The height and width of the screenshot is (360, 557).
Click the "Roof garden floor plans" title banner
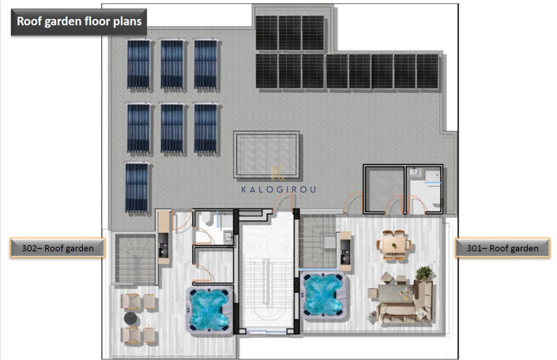(79, 21)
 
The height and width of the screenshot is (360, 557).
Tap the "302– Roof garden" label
(58, 248)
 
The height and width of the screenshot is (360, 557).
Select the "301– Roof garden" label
(502, 248)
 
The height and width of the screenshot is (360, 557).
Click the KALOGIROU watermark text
(278, 189)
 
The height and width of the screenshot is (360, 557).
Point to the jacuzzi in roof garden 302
(209, 309)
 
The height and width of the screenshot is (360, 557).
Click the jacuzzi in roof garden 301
(324, 294)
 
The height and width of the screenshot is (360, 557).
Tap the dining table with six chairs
(394, 245)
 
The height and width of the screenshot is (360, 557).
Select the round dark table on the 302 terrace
(131, 318)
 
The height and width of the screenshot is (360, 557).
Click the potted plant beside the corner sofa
(424, 273)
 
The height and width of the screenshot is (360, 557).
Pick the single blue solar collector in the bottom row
(137, 187)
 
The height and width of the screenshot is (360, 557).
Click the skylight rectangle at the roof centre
(266, 155)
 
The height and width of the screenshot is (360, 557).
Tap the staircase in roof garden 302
(135, 258)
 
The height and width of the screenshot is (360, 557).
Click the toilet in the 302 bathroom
(207, 219)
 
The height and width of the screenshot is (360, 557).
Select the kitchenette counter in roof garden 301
(345, 251)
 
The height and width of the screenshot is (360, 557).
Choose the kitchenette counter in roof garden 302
(164, 237)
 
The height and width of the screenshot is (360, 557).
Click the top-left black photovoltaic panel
(267, 33)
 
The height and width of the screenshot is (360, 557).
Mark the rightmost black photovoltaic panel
(427, 71)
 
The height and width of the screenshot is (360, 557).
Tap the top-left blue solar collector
(139, 64)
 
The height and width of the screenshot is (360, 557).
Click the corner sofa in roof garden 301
(408, 302)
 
